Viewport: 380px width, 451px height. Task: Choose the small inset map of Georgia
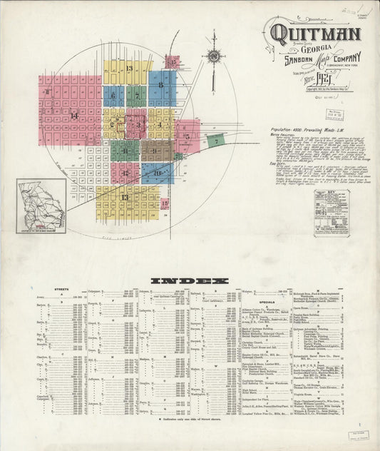(42, 205)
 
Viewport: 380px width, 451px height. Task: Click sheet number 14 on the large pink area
(73, 115)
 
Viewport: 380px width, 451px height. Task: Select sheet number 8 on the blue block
(161, 85)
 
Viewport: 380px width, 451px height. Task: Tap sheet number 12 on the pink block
(124, 173)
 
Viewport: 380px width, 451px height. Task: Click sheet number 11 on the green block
(124, 150)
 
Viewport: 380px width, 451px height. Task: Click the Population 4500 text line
(313, 131)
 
